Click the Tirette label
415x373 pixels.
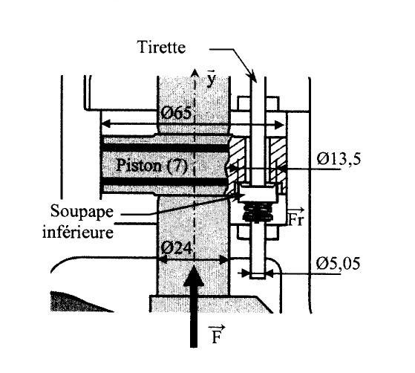click(161, 48)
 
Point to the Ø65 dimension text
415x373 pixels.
click(176, 114)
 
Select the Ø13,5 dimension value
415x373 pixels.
click(339, 159)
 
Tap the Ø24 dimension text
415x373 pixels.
click(176, 248)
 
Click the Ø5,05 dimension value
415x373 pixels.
click(338, 264)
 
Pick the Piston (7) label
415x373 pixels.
click(151, 166)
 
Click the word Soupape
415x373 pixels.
click(82, 212)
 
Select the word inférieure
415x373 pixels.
click(78, 233)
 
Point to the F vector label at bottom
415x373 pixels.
click(217, 334)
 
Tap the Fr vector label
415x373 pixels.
click(295, 217)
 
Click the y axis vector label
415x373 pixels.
click(211, 79)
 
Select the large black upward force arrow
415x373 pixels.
click(194, 306)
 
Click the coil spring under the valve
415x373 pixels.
click(258, 213)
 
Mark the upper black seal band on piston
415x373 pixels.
click(165, 148)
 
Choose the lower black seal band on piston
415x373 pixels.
click(165, 181)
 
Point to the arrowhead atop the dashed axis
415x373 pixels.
click(195, 73)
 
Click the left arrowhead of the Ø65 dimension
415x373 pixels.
click(107, 123)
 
